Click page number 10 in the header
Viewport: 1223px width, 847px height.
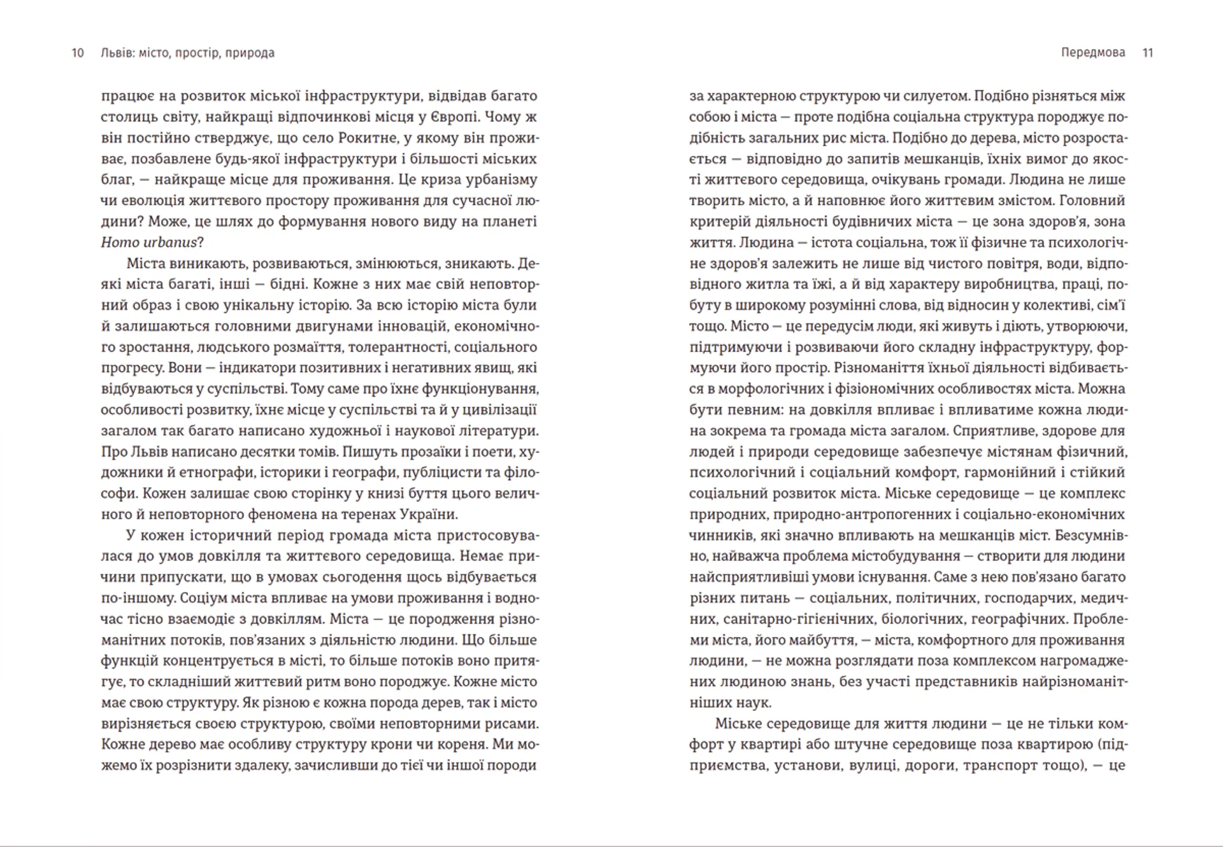tap(78, 53)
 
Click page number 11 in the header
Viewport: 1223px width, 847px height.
tap(1148, 53)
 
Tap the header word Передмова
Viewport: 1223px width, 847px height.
tap(1093, 53)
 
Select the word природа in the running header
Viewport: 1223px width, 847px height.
tap(250, 53)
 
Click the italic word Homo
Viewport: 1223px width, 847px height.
tap(119, 243)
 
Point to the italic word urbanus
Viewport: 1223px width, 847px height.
tap(170, 243)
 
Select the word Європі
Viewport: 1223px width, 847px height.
tap(448, 117)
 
